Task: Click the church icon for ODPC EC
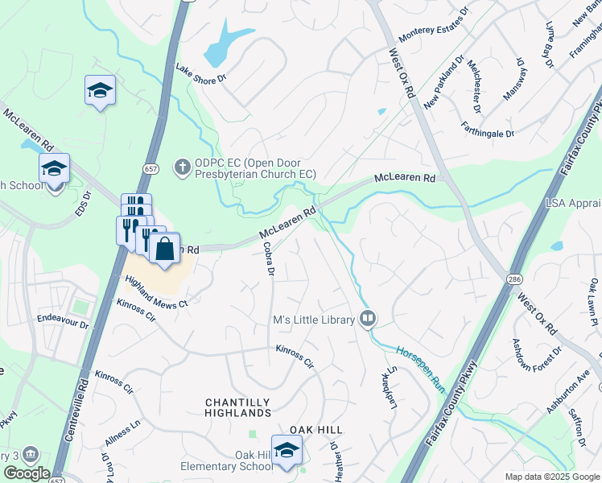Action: (x=183, y=167)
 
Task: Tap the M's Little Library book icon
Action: (x=368, y=320)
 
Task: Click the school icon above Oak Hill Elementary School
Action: (x=286, y=452)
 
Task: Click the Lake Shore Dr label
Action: (x=202, y=75)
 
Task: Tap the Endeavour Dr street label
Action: (x=62, y=319)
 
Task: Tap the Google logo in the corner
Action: (x=27, y=473)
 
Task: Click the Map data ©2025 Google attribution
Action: (x=551, y=477)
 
